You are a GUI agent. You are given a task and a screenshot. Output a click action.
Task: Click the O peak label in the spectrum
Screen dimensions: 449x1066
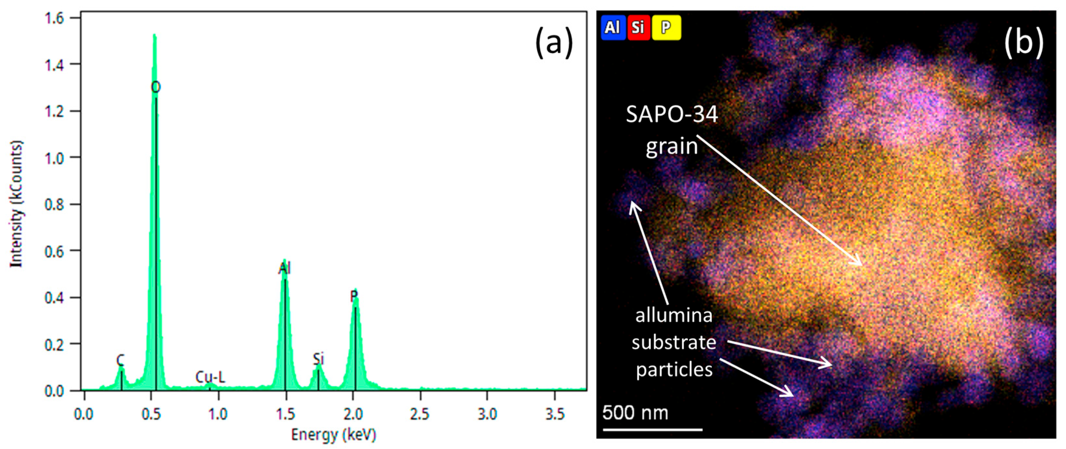(155, 87)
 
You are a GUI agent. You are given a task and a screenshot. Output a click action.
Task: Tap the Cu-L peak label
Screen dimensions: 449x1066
(210, 377)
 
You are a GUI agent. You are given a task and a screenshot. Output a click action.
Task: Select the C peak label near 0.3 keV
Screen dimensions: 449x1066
(120, 360)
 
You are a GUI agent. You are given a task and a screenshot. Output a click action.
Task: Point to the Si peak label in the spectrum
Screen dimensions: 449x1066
(318, 359)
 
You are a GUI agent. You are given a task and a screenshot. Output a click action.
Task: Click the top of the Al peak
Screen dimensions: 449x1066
(284, 261)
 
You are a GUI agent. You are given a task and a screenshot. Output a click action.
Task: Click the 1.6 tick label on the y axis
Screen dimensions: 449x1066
(56, 19)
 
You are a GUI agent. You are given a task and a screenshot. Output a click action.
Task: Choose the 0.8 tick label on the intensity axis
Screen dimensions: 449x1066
(56, 205)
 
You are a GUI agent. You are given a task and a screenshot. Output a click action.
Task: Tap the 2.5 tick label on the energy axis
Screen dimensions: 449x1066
(420, 414)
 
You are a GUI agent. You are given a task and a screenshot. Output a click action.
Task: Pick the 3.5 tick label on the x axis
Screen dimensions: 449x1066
(554, 414)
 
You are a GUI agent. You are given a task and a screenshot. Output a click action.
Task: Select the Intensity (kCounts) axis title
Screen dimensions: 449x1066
(17, 204)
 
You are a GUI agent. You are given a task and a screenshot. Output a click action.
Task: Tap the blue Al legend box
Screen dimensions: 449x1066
(613, 28)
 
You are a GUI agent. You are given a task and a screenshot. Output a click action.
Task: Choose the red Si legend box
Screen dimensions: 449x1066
(638, 28)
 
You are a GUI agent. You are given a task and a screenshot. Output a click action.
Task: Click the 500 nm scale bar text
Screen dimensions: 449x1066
(635, 413)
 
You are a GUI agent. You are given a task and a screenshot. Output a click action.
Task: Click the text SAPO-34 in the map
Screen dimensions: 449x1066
(672, 114)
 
